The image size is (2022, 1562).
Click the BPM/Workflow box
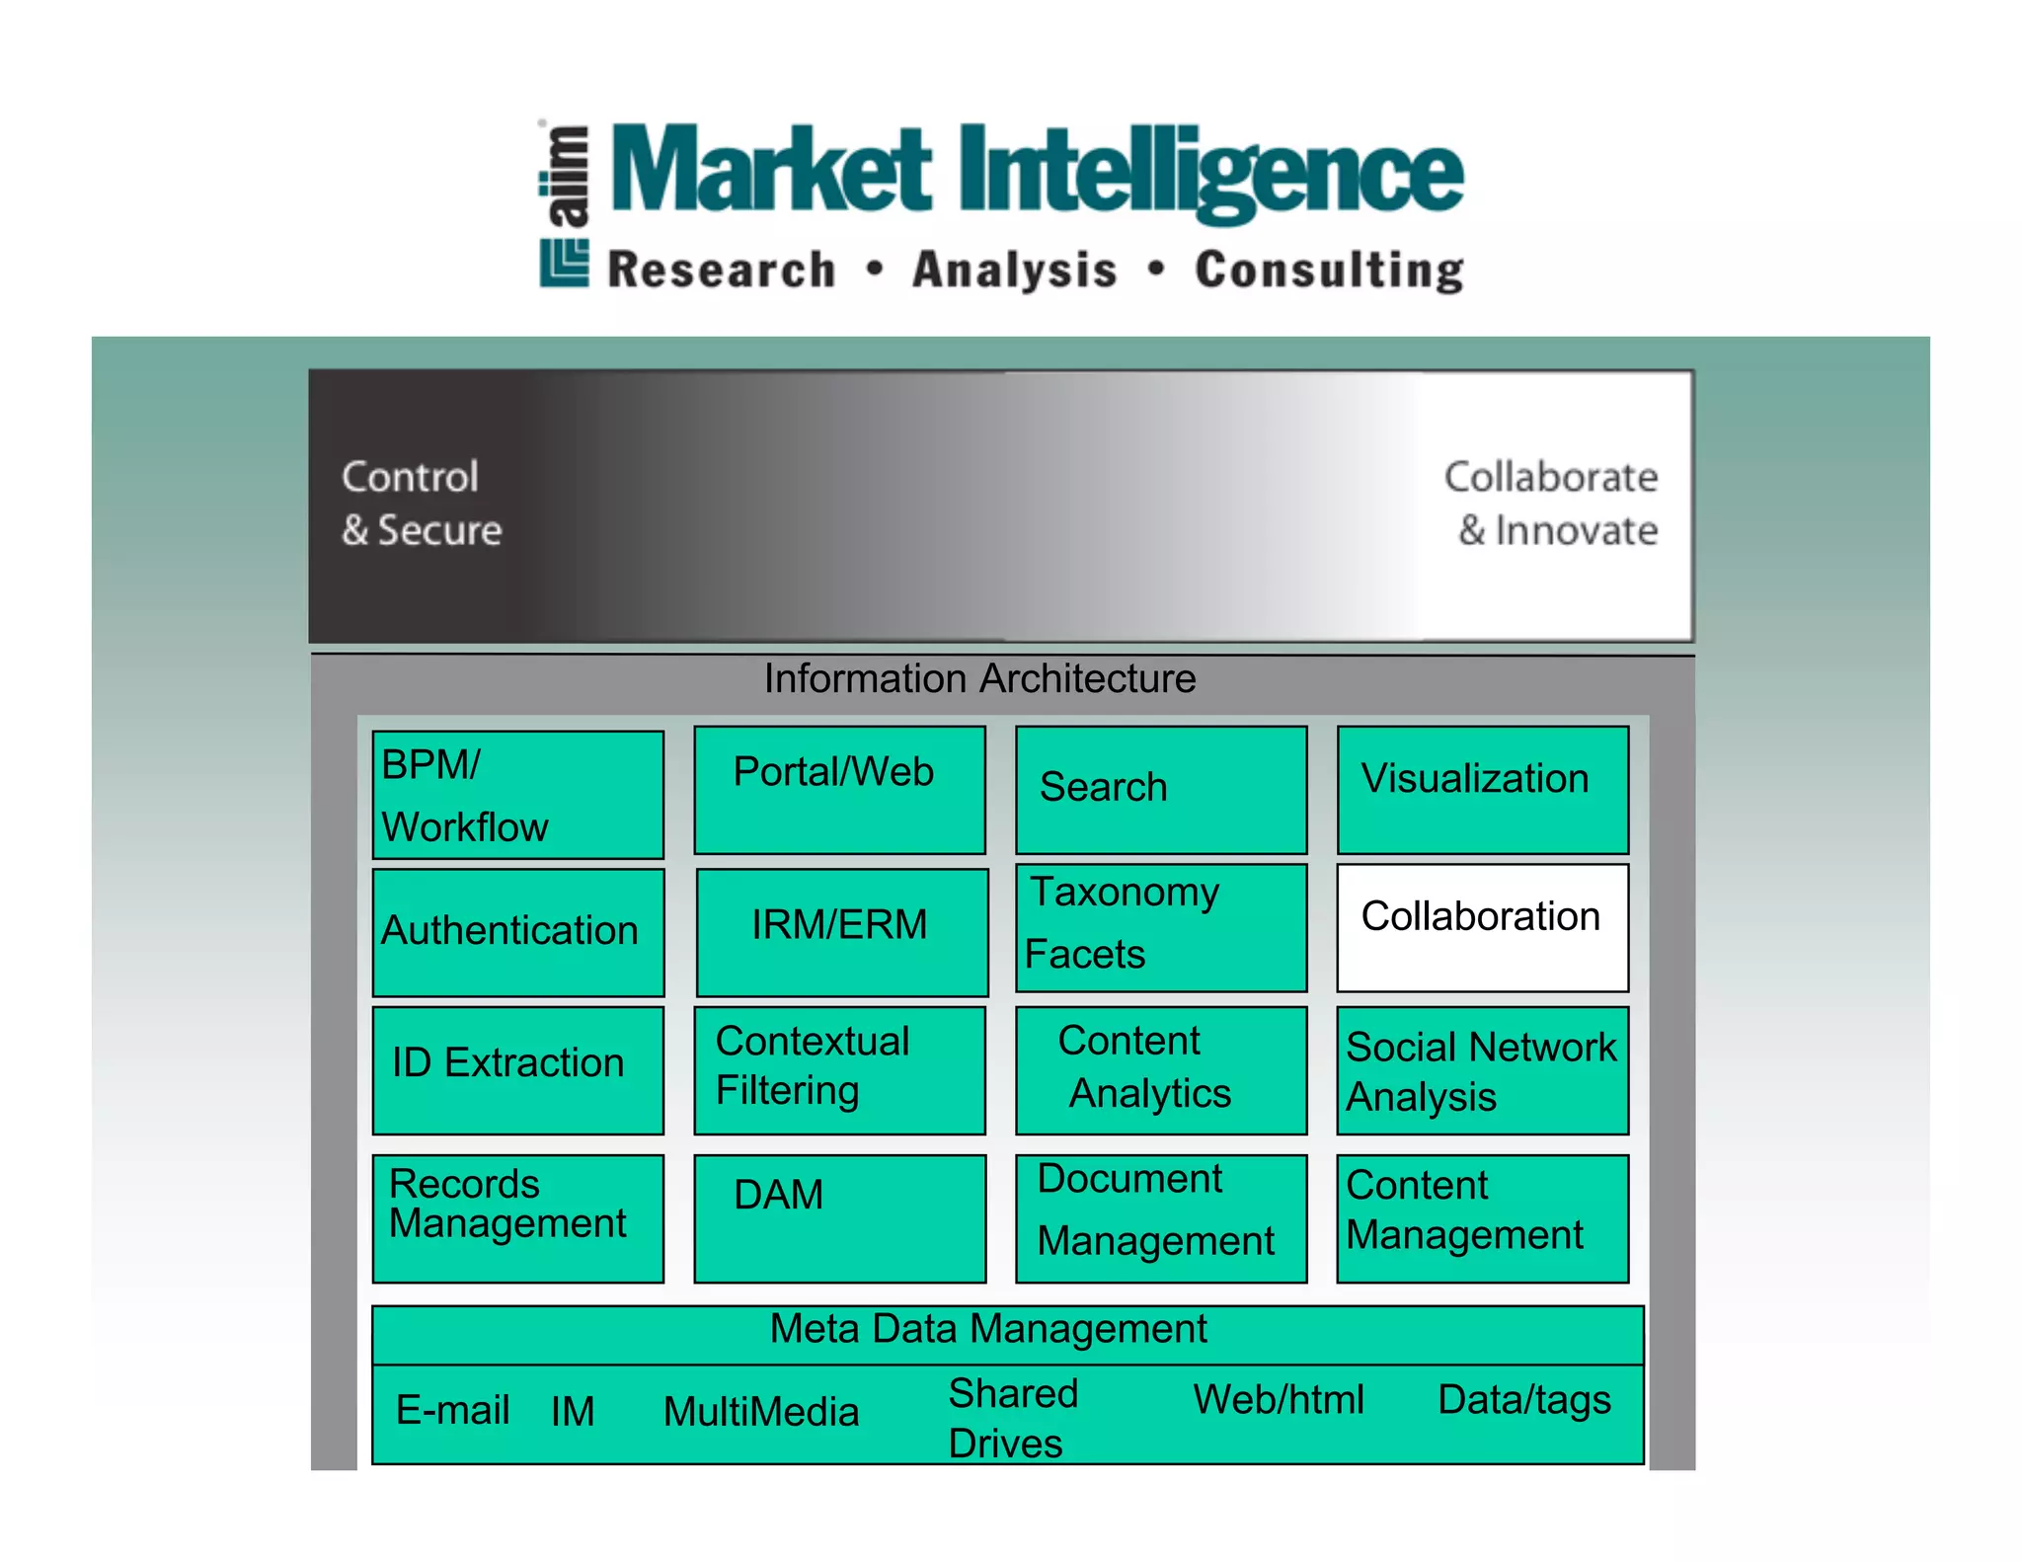(517, 795)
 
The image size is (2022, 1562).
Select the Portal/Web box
(839, 790)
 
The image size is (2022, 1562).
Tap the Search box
(1161, 790)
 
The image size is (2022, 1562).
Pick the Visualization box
(1482, 790)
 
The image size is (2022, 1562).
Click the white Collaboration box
(1482, 927)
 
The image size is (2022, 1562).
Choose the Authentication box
(517, 932)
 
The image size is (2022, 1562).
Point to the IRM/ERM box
(841, 932)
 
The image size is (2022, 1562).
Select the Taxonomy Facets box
(1161, 927)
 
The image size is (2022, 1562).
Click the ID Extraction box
(517, 1070)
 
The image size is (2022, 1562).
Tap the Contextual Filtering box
(839, 1070)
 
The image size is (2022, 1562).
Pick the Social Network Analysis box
(1482, 1070)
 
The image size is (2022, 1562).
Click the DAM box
(839, 1218)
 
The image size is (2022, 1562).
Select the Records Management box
(517, 1218)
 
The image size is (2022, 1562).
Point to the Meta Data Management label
(987, 1329)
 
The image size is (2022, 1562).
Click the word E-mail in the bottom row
(452, 1410)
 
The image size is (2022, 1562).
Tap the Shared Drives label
(1012, 1418)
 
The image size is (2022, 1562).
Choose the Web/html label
(1278, 1399)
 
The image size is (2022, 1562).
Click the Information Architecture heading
(979, 678)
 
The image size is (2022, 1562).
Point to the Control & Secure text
(422, 504)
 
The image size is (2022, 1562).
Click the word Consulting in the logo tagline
(1328, 270)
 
